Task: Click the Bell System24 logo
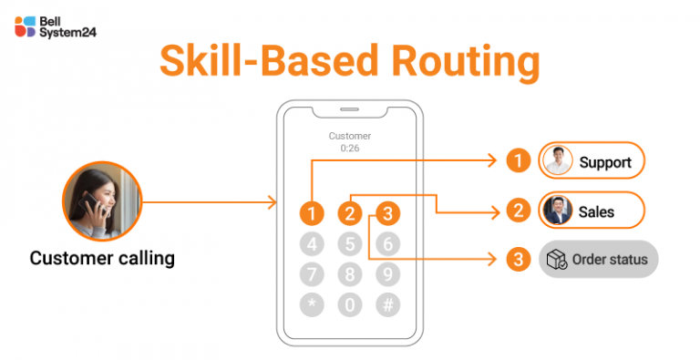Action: pos(56,26)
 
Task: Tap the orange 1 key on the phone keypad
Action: pos(313,214)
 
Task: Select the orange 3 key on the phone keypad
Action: pos(388,214)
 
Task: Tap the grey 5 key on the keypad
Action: pos(350,244)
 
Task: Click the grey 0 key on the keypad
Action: pos(350,305)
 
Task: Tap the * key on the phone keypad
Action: pos(313,305)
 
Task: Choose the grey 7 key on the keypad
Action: pos(313,274)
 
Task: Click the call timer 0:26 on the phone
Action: pos(350,148)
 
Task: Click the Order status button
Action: pos(598,260)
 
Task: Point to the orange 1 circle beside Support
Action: pos(518,162)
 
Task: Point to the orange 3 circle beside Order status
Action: pos(518,260)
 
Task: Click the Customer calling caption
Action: pos(102,259)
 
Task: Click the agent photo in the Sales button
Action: pos(557,211)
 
